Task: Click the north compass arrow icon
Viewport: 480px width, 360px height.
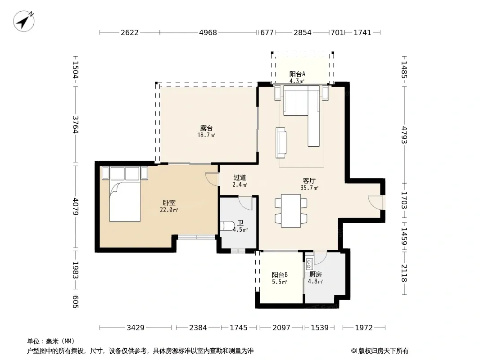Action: point(23,21)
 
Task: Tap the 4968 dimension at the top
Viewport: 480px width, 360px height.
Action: point(208,32)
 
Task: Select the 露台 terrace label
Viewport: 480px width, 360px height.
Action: point(206,128)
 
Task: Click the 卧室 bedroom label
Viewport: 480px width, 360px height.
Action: point(169,203)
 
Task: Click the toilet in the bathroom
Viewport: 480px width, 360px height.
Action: point(226,226)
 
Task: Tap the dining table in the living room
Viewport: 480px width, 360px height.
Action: point(291,211)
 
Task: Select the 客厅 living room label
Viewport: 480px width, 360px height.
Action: point(309,181)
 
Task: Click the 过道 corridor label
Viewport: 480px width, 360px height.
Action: point(240,177)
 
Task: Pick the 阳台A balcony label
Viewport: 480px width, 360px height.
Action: point(297,74)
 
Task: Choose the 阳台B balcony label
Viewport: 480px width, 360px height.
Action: point(280,274)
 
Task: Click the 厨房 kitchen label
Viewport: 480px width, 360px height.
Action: point(315,274)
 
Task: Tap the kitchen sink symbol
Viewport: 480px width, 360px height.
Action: point(309,264)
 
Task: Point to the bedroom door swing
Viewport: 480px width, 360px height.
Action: point(212,180)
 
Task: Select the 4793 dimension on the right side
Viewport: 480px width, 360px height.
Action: point(404,135)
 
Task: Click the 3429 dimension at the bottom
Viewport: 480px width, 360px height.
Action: point(136,328)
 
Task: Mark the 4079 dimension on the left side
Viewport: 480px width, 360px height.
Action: point(76,207)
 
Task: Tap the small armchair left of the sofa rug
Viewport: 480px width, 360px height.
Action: point(281,143)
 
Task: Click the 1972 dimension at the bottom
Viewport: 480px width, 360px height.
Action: point(364,328)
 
